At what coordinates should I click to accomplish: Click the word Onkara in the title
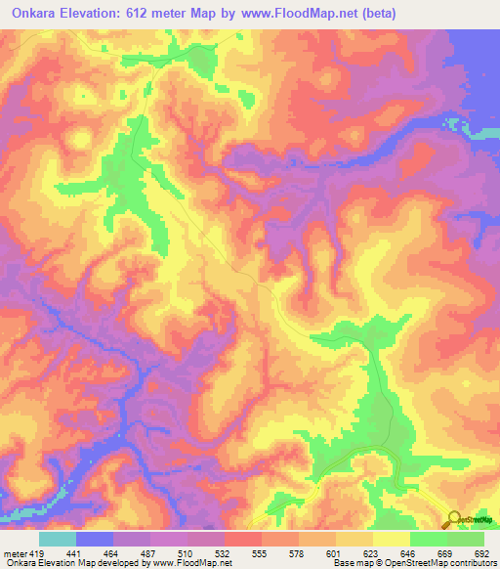(x=37, y=14)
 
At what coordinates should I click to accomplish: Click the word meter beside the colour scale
(x=16, y=552)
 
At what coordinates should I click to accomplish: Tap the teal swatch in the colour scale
(x=58, y=539)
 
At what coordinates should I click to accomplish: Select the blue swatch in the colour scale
(x=95, y=539)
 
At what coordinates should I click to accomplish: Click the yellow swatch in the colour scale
(x=391, y=539)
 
